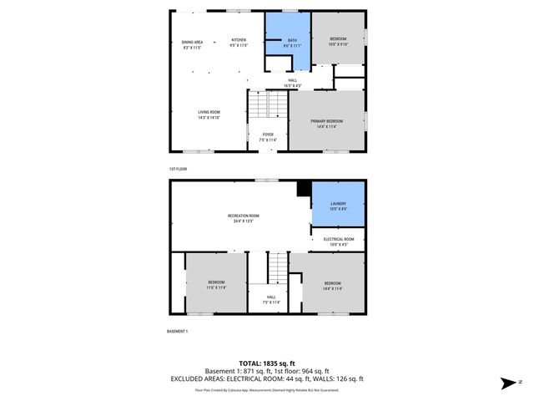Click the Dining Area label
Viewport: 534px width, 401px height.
[x=193, y=45]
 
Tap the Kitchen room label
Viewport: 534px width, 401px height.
[x=239, y=43]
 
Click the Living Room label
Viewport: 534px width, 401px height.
[x=209, y=114]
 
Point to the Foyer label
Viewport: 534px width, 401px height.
[x=268, y=136]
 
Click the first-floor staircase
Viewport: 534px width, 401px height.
[x=267, y=105]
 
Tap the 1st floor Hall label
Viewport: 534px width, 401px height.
[x=292, y=83]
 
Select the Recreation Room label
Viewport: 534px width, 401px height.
[x=243, y=218]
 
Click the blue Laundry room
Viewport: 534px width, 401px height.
[x=338, y=206]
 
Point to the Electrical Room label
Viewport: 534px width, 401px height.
[x=338, y=241]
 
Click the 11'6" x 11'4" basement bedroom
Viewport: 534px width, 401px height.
[x=216, y=284]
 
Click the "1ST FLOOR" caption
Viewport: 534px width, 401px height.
[x=177, y=169]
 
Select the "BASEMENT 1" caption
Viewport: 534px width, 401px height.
[x=178, y=332]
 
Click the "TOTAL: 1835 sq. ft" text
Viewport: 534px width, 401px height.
[x=267, y=363]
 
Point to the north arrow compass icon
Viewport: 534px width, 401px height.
[x=507, y=383]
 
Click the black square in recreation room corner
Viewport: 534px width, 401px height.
[x=303, y=188]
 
